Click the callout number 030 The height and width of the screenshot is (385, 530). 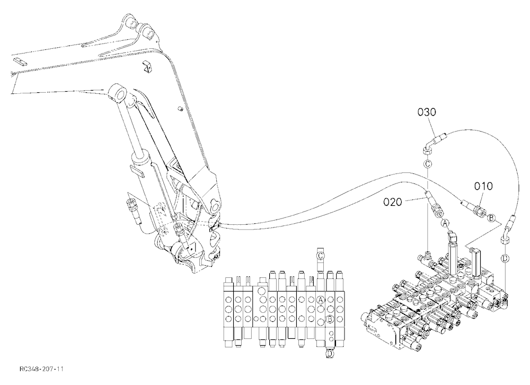click(427, 112)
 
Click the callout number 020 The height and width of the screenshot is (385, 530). click(393, 203)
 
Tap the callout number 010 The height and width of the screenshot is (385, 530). click(483, 186)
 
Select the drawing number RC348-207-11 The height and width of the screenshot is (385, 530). click(41, 369)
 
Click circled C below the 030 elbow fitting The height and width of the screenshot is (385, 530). click(428, 164)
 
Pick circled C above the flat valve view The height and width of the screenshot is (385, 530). click(321, 256)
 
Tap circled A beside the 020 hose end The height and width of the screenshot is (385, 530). click(446, 223)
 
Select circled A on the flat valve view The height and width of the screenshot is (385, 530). click(321, 300)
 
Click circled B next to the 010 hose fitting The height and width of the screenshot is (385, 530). click(492, 217)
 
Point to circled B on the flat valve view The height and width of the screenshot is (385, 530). click(330, 319)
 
